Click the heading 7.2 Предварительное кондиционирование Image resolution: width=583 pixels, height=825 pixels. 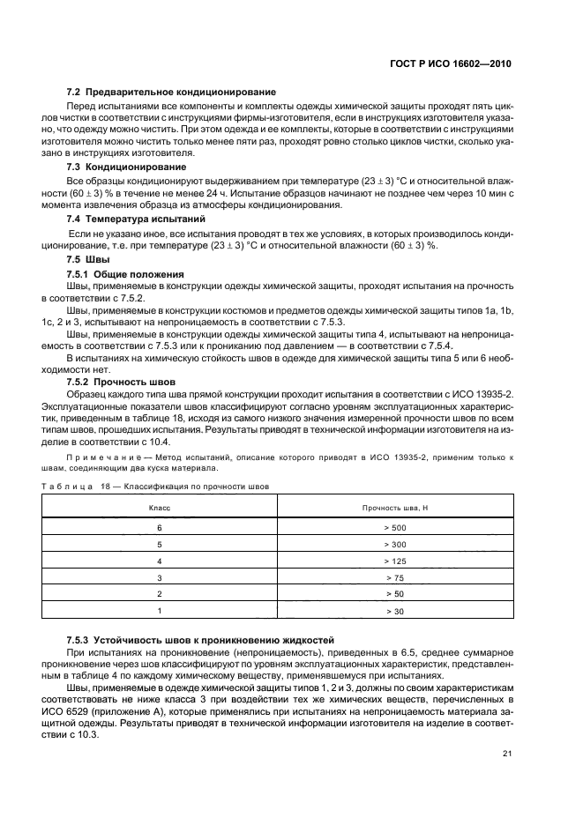coord(172,92)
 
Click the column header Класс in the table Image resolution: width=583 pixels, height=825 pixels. coord(160,509)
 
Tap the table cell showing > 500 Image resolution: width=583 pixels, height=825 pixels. coord(394,527)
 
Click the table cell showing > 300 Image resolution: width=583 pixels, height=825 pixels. coord(394,544)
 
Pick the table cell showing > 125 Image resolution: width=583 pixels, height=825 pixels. coord(394,561)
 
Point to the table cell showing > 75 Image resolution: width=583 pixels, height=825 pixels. coord(394,577)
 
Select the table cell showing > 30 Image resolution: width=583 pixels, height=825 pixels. coord(394,610)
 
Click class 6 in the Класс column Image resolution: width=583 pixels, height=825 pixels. coord(160,527)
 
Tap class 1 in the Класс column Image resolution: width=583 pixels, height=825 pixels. coord(160,610)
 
